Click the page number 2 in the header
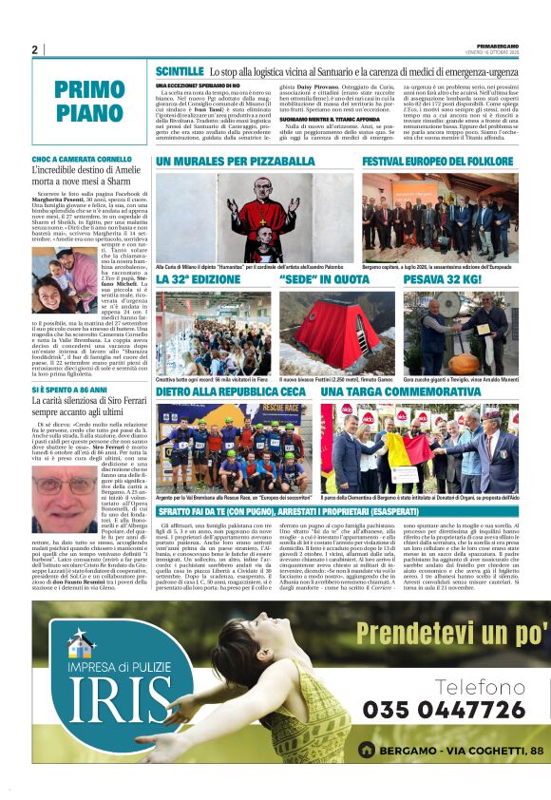(x=34, y=49)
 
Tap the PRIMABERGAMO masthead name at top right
(x=496, y=45)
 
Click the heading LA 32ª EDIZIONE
(x=199, y=280)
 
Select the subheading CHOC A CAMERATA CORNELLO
(x=82, y=159)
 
